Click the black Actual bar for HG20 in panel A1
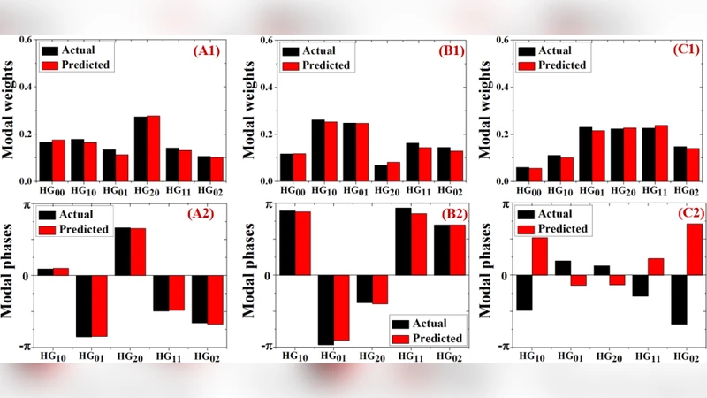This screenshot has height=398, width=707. (x=141, y=149)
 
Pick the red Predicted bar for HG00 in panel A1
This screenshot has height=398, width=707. (x=59, y=160)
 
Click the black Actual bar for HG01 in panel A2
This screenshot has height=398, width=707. (x=83, y=305)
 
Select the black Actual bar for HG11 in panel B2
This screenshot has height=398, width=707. (x=403, y=241)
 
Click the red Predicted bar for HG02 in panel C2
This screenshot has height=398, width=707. (x=695, y=249)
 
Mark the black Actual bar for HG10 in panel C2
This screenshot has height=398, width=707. (x=524, y=293)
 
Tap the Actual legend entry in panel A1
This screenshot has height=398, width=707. (x=66, y=50)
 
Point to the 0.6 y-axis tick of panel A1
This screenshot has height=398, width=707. (x=27, y=41)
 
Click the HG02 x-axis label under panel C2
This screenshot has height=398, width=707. (x=686, y=356)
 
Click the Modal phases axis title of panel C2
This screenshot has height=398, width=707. (x=490, y=275)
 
